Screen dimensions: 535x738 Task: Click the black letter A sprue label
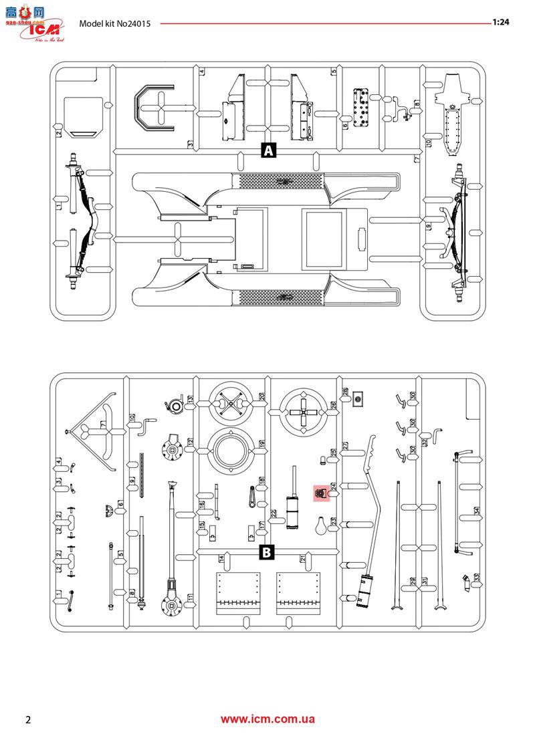click(268, 150)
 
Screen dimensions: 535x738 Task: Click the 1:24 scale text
click(500, 22)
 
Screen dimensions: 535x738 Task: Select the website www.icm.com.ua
click(267, 719)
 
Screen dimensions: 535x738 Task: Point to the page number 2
click(28, 720)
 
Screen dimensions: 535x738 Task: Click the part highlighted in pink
click(322, 493)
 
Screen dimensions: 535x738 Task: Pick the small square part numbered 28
click(358, 399)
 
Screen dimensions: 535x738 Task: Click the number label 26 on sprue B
click(334, 404)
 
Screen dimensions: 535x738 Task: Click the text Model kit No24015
click(114, 23)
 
